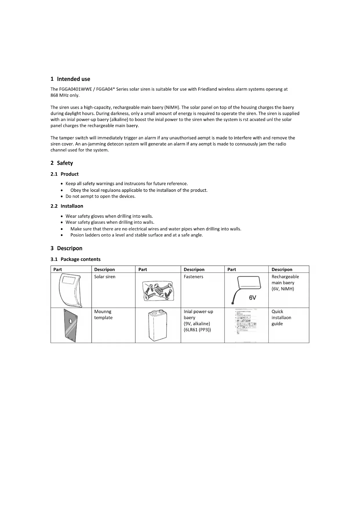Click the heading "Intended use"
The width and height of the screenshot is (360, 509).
tap(73, 79)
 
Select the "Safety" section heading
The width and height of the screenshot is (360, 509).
tap(65, 163)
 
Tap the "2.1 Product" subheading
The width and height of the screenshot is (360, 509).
tap(69, 174)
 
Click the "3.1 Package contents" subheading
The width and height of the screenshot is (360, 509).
tap(80, 259)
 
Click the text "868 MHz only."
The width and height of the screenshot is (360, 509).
tap(65, 95)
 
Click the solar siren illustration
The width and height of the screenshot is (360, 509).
tap(70, 290)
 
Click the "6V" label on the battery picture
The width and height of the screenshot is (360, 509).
tap(253, 298)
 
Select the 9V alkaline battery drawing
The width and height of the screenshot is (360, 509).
tap(158, 326)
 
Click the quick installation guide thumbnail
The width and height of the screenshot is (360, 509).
tap(246, 325)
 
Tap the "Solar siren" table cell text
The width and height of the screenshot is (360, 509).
tap(105, 277)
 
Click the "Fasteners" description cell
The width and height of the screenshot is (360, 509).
tap(193, 277)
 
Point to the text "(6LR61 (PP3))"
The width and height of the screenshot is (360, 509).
tap(197, 330)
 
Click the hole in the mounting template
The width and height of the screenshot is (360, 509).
tap(70, 321)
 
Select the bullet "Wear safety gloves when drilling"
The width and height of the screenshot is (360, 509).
tap(109, 216)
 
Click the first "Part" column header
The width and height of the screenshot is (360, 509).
tap(57, 270)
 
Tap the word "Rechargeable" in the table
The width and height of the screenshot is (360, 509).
tap(285, 277)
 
